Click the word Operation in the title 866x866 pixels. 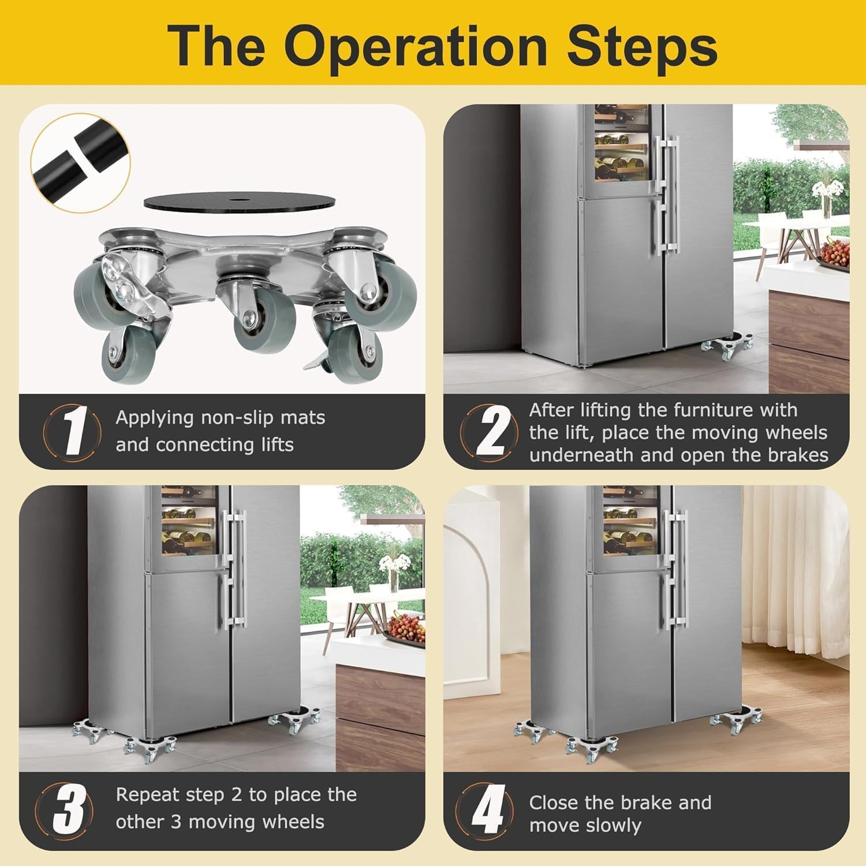click(415, 46)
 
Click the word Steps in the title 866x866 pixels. click(642, 46)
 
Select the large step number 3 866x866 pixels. click(69, 808)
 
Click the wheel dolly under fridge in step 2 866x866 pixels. click(726, 345)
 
